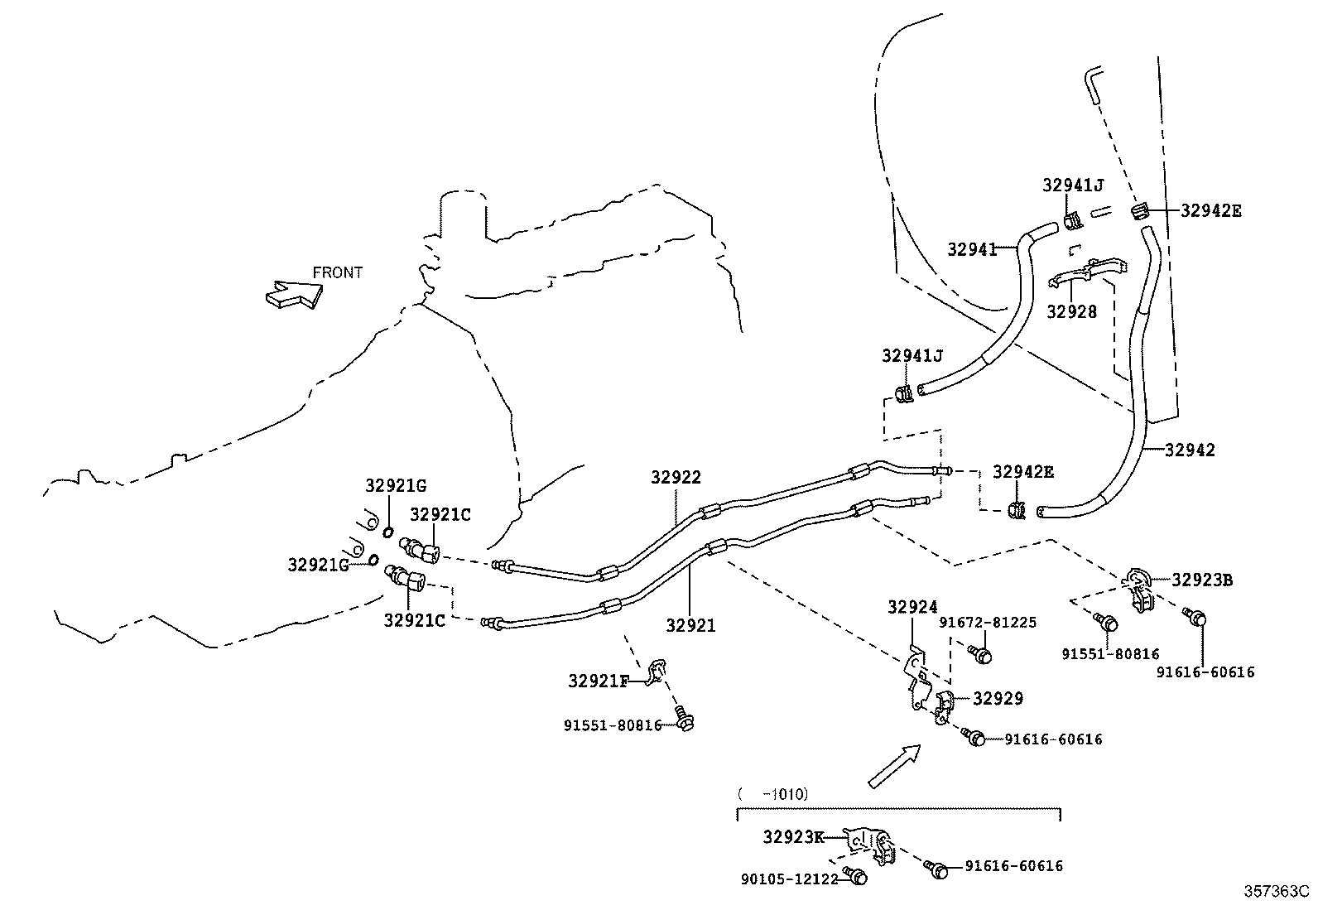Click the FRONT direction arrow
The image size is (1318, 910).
[x=293, y=294]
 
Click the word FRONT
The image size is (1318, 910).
[x=337, y=272]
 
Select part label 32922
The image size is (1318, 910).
[x=676, y=477]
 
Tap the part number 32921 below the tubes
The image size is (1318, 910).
[x=690, y=627]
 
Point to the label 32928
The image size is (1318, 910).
[x=1071, y=312]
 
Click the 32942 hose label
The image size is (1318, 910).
[x=1190, y=450]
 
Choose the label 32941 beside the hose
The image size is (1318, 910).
[x=972, y=248]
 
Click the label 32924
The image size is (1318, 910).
[x=912, y=608]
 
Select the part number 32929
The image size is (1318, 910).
[x=998, y=699]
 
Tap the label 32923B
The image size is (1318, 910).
[x=1202, y=580]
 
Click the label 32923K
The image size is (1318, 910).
[x=793, y=837]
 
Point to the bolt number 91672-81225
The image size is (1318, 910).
[x=988, y=623]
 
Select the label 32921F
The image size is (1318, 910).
[x=599, y=681]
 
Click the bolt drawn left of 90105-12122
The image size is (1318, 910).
[x=855, y=875]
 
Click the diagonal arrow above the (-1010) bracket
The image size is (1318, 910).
[x=894, y=765]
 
